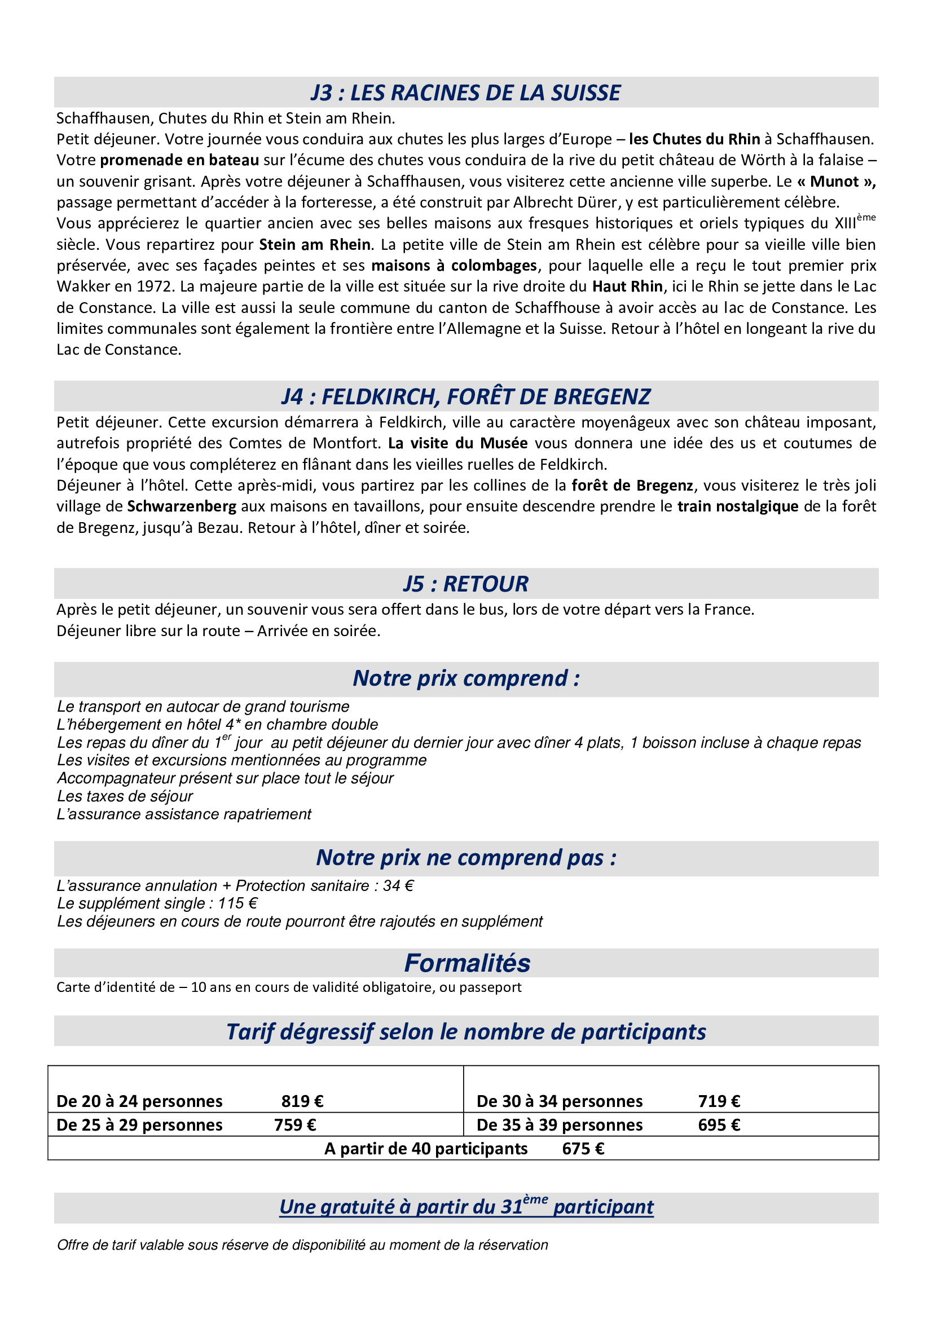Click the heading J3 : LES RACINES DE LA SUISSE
click(465, 92)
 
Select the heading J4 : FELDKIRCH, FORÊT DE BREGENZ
click(465, 396)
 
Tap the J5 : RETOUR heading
click(465, 584)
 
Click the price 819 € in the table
click(302, 1101)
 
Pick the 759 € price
click(294, 1125)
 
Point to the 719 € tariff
click(719, 1101)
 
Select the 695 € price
click(719, 1125)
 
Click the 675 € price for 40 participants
click(583, 1149)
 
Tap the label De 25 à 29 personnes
click(139, 1125)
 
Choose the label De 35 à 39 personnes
click(559, 1125)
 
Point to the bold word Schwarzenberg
click(182, 506)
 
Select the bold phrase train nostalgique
click(738, 506)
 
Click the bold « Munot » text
click(836, 182)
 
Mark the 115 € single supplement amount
click(237, 903)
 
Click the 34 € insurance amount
click(398, 886)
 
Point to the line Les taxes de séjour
click(125, 796)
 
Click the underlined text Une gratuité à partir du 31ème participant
click(466, 1207)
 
